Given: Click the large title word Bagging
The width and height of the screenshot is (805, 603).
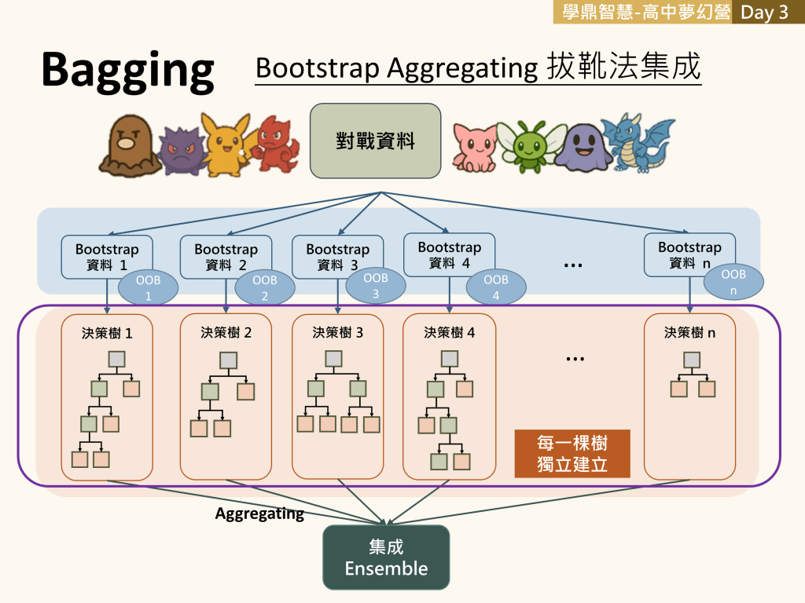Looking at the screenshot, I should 127,71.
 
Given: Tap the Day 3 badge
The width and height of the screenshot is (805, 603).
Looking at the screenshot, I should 764,13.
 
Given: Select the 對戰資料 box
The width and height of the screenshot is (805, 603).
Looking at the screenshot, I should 375,141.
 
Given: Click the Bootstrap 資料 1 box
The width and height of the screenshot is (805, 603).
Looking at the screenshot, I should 107,257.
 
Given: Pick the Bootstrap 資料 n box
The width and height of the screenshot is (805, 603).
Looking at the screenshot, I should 689,255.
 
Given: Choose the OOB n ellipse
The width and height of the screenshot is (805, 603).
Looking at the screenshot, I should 733,282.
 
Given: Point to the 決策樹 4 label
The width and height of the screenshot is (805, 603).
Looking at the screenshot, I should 449,332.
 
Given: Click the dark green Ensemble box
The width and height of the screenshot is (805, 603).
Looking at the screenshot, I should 386,557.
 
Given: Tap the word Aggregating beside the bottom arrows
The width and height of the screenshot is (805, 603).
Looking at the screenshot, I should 259,514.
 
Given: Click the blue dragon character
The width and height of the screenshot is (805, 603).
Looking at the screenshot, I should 638,143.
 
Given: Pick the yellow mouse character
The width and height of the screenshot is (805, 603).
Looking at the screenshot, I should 222,144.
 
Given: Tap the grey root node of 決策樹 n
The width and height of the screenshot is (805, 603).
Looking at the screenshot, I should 691,360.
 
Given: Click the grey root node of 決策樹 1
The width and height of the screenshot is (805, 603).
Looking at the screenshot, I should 116,360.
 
